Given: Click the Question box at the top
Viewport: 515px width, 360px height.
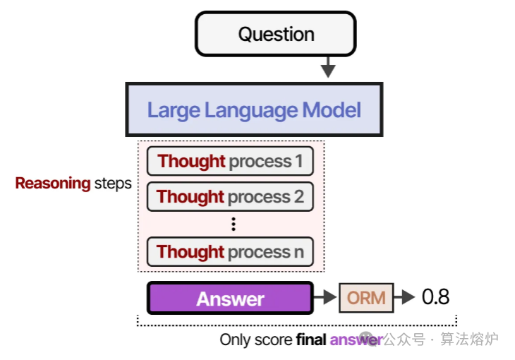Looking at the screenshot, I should [276, 34].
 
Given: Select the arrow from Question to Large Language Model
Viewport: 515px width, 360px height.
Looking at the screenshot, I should [327, 67].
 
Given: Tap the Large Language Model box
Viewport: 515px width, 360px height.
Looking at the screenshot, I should [254, 110].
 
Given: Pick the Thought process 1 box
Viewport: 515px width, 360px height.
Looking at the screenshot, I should [230, 162].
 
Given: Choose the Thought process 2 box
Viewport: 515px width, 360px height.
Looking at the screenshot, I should [230, 196].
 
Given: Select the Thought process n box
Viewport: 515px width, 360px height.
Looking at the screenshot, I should [230, 252].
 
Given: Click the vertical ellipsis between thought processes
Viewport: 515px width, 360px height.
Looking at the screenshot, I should [234, 224].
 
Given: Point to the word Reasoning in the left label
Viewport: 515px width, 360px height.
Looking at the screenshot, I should [53, 184].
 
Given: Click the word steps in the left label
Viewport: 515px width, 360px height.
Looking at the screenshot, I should [113, 184].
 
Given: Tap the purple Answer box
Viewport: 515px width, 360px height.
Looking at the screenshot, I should [230, 299].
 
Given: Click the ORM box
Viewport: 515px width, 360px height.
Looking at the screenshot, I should [366, 298].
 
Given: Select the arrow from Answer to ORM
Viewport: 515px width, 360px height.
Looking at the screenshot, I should [325, 298].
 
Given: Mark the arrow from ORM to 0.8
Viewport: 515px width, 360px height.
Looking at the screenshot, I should [404, 298].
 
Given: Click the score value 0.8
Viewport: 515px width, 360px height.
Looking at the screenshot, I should [435, 297].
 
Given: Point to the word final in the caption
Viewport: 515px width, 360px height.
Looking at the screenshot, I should [311, 340].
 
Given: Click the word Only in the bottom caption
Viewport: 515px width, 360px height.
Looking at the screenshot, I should [235, 340].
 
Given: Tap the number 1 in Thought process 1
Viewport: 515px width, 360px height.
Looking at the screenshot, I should [298, 162].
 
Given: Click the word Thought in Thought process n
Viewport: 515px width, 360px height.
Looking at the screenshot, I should [190, 252].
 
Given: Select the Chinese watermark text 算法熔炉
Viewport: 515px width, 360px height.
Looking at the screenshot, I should [470, 340].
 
